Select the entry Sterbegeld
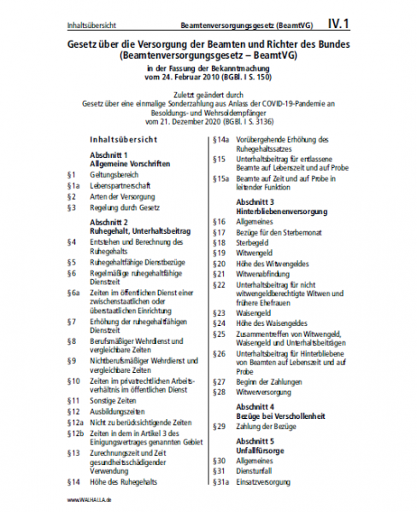(253, 242)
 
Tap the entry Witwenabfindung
(262, 274)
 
